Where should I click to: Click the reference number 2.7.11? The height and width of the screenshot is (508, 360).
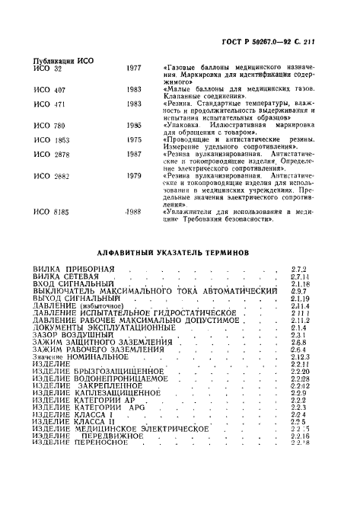pyautogui.click(x=299, y=276)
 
